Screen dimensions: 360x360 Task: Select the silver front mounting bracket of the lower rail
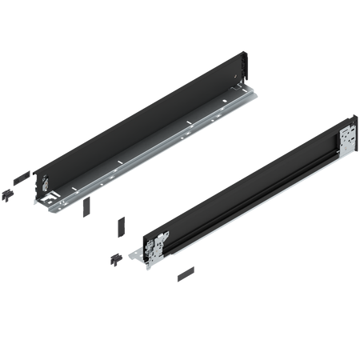(x=158, y=243)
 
